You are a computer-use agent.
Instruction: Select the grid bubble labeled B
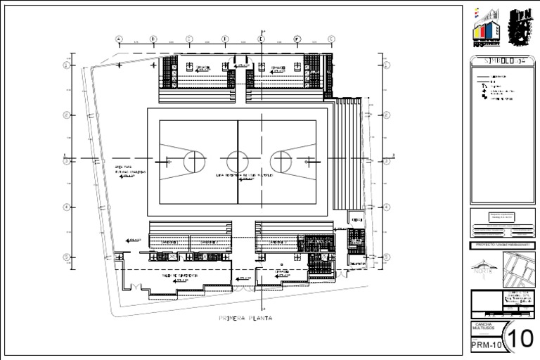pos(153,39)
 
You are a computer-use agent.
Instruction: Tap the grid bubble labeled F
pos(297,39)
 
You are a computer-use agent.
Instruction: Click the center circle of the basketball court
pos(237,161)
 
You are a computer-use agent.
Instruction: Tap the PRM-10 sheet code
pos(486,345)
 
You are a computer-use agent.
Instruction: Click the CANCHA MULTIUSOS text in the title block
pos(483,328)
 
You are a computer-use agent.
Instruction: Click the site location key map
pos(519,269)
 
